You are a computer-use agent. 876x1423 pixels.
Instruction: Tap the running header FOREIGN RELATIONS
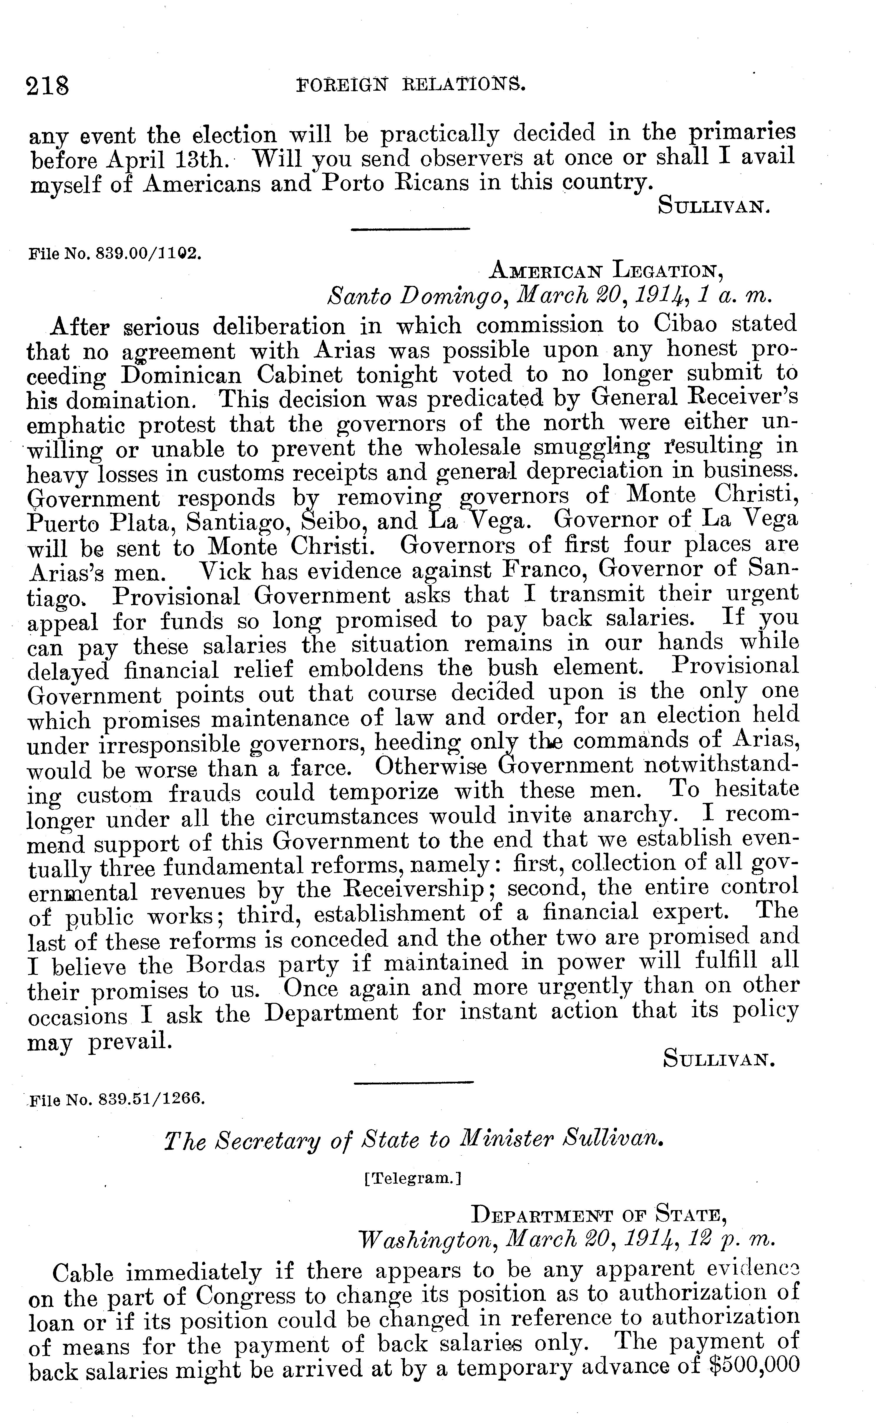[x=411, y=86]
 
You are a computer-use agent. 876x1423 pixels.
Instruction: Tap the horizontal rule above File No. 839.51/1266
[x=413, y=1081]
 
